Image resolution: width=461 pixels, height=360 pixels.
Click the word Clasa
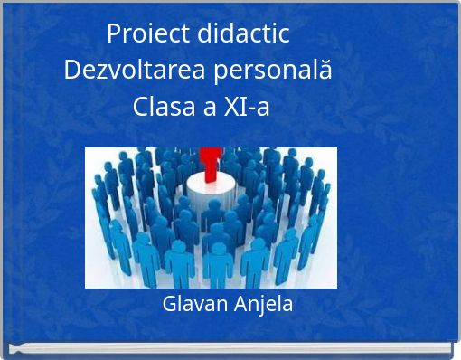[162, 107]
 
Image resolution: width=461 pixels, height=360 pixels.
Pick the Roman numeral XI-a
[245, 107]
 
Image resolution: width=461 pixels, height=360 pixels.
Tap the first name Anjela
[263, 305]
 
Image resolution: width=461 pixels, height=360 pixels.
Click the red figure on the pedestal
[211, 164]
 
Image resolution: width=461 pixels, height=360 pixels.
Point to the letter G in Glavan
[169, 304]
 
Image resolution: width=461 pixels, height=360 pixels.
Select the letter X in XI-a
[229, 107]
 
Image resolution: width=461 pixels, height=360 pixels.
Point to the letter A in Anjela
[240, 304]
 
